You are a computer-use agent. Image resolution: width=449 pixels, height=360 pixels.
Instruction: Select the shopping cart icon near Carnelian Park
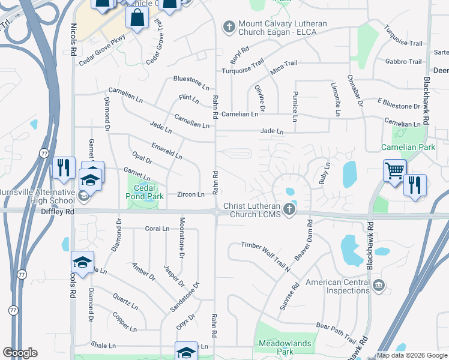point(394,171)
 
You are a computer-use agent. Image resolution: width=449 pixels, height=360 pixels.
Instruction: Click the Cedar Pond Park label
point(145,191)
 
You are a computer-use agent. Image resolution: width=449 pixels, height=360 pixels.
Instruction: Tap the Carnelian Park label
point(407,147)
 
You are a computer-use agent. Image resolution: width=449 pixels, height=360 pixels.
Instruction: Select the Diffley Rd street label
point(58,212)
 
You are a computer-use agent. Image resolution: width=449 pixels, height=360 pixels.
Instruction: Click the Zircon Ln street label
point(191,195)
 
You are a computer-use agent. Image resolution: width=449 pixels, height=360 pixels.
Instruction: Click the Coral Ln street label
point(158,229)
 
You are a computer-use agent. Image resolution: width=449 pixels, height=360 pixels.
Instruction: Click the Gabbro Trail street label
point(403,62)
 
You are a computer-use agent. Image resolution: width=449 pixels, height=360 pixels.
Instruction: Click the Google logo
point(20,353)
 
